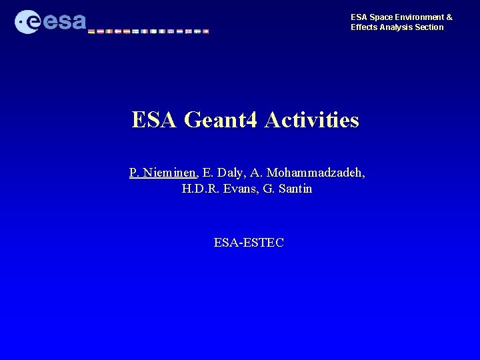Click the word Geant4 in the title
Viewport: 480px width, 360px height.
221,120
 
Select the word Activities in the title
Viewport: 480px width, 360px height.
312,120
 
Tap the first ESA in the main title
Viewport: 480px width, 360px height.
154,120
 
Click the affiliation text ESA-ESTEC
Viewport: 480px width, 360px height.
249,242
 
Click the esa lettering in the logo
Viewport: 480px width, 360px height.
65,22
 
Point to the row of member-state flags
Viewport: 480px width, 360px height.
148,31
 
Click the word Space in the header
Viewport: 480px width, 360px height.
379,17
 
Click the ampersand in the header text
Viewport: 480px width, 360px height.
449,17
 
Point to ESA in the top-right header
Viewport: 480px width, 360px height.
359,17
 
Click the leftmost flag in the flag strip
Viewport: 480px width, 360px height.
91,31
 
